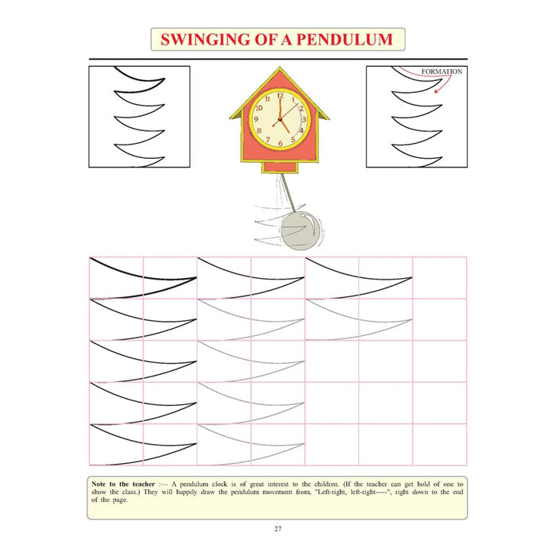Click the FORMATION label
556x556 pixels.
click(x=442, y=71)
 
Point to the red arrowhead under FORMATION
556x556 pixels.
click(x=437, y=91)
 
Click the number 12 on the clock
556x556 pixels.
click(x=280, y=95)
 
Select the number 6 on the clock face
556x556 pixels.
click(x=280, y=143)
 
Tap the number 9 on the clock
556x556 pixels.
click(x=256, y=119)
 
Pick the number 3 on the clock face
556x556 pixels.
click(x=304, y=119)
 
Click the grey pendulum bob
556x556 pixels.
click(x=302, y=230)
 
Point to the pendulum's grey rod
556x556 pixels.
click(x=288, y=193)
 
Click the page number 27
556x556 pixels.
click(x=278, y=529)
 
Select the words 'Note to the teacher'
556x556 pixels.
click(x=123, y=484)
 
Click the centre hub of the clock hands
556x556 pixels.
click(x=280, y=120)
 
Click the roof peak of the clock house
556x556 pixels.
click(x=280, y=68)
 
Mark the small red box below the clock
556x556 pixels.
click(x=280, y=167)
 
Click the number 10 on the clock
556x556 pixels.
click(x=259, y=108)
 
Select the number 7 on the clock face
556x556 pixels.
click(x=268, y=139)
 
